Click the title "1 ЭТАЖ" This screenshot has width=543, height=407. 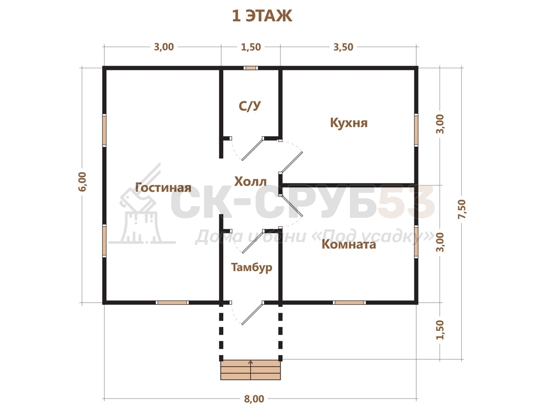[262, 16]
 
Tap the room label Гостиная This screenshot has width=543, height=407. [163, 188]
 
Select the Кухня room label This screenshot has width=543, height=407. [349, 123]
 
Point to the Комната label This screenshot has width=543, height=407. [349, 244]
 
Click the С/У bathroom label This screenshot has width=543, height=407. [250, 106]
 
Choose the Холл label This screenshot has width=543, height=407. [250, 181]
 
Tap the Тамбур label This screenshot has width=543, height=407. [252, 268]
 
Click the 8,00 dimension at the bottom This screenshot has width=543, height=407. [254, 399]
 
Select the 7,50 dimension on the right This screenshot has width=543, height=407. [462, 209]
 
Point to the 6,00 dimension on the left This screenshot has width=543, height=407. [83, 181]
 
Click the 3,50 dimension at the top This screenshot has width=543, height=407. [344, 47]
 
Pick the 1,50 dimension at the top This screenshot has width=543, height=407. [251, 47]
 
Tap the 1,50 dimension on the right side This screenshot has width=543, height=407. [440, 330]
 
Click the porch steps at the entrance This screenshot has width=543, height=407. [250, 370]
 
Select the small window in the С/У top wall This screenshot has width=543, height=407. [250, 68]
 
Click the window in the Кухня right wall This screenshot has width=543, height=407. [416, 129]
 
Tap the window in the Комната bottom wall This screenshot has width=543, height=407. [349, 303]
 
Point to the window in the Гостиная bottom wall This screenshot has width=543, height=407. [172, 303]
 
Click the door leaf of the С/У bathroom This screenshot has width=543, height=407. [252, 149]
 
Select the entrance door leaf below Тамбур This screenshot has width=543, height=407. [252, 313]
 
